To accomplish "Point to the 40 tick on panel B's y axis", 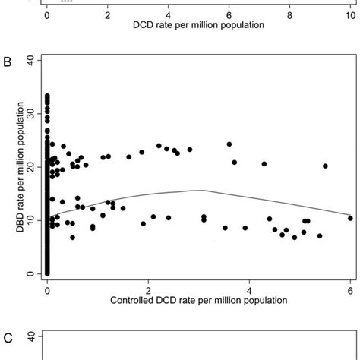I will [x=30, y=60].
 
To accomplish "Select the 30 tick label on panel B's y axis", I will [x=30, y=113].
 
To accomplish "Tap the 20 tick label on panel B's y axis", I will [x=30, y=167].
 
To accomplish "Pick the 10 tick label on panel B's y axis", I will [x=30, y=220].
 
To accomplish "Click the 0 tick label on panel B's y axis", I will [x=30, y=273].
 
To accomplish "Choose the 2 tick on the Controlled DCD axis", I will [x=148, y=288].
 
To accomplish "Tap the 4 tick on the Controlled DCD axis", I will [x=249, y=288].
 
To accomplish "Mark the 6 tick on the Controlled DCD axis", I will [x=350, y=288].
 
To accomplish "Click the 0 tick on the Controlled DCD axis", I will [x=47, y=288].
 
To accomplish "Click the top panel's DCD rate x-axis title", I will [x=198, y=25].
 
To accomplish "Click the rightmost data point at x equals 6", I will [x=350, y=218].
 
